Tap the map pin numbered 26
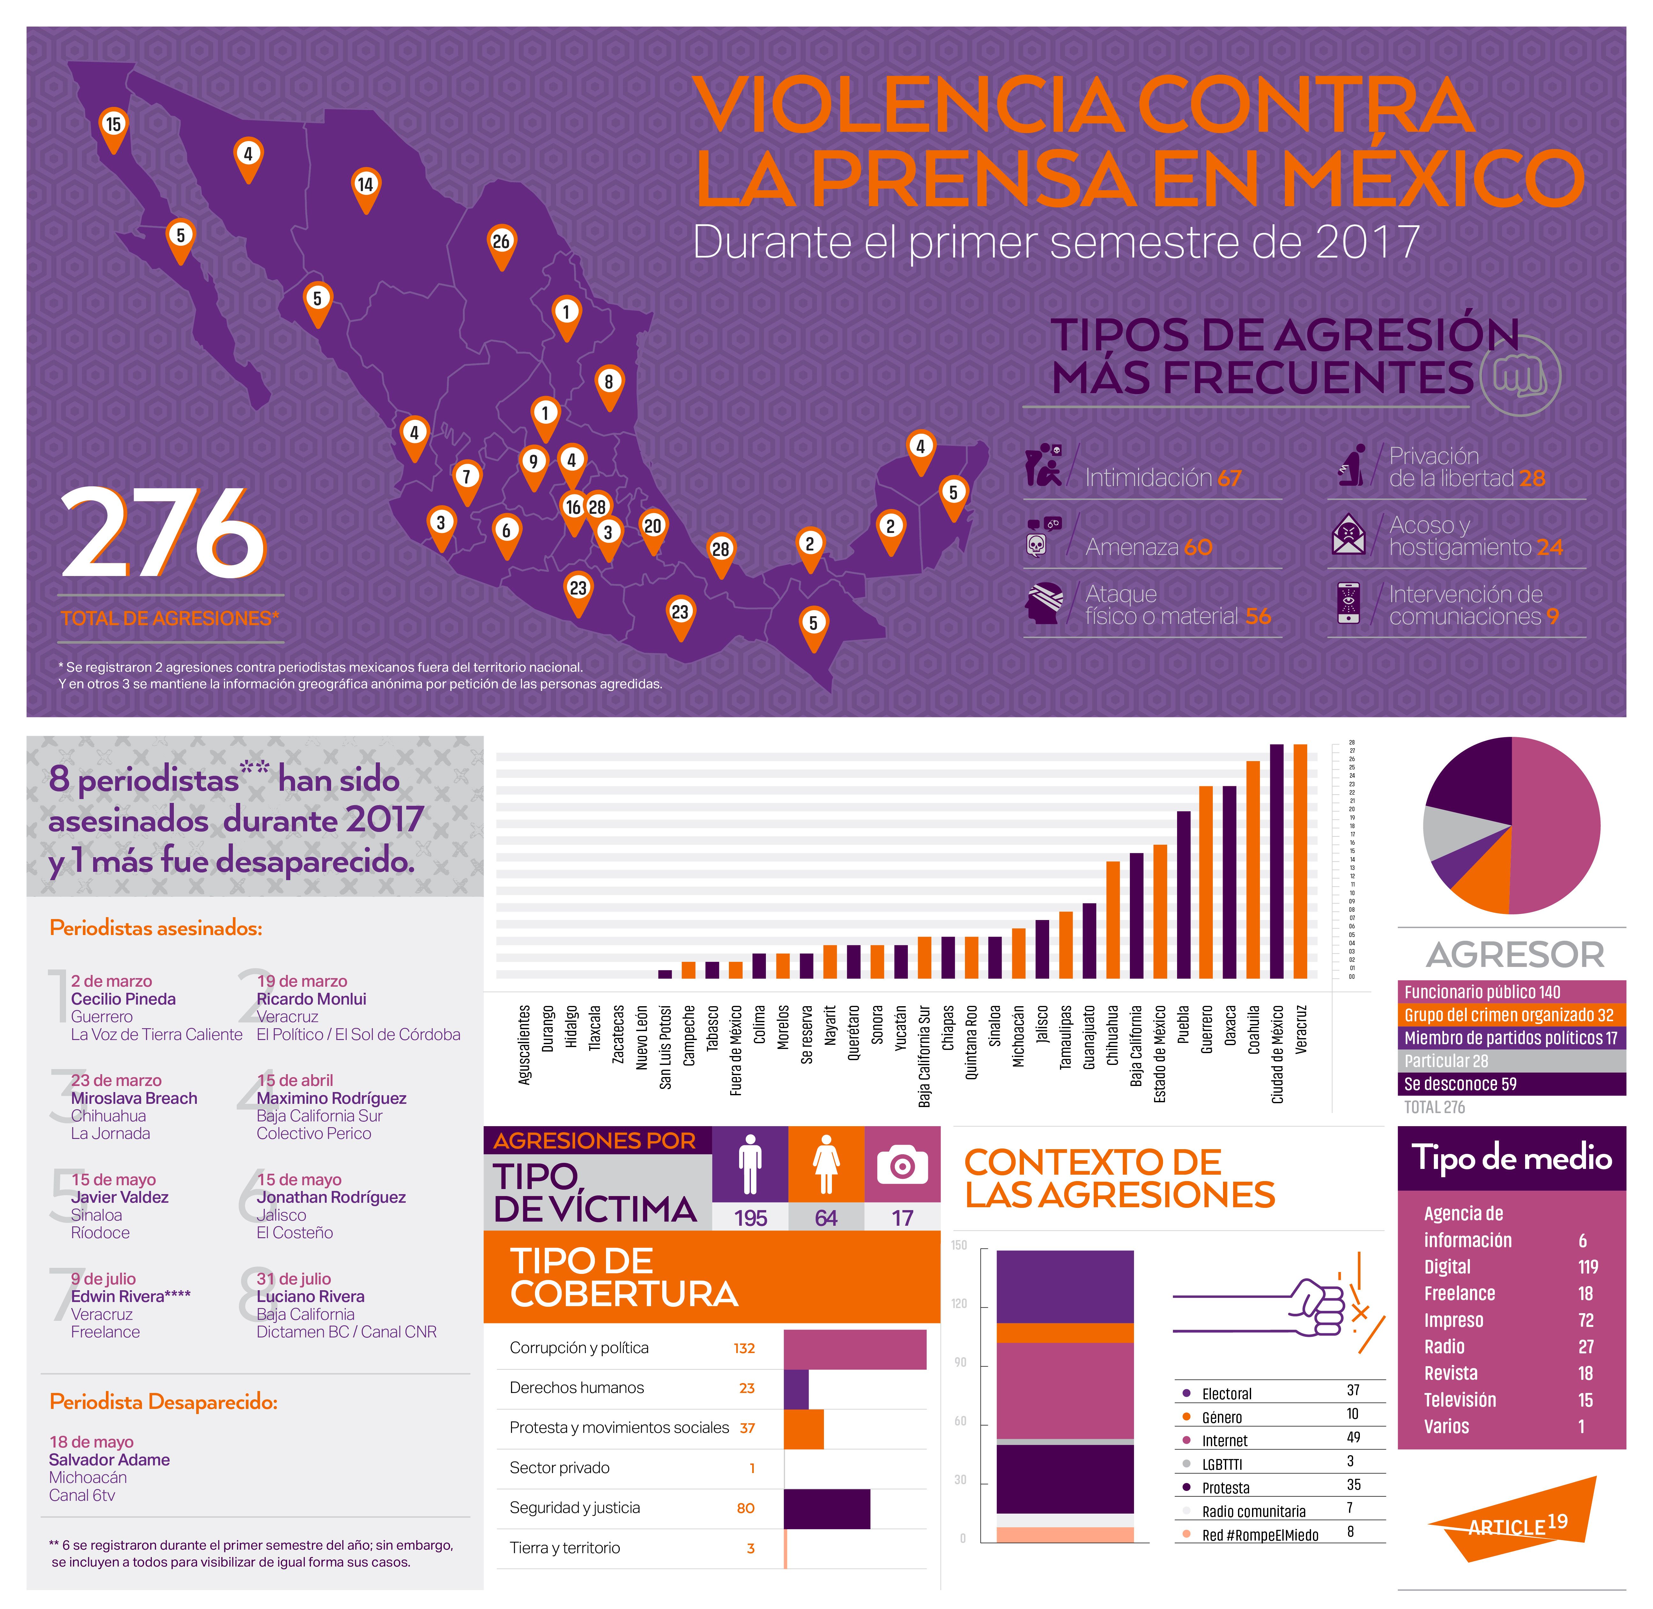coord(501,243)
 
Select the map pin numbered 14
coord(365,186)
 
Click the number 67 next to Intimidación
coord(1229,478)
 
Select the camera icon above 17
coord(902,1166)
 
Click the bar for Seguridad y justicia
coord(826,1508)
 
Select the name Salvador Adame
coord(109,1459)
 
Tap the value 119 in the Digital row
coord(1587,1267)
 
